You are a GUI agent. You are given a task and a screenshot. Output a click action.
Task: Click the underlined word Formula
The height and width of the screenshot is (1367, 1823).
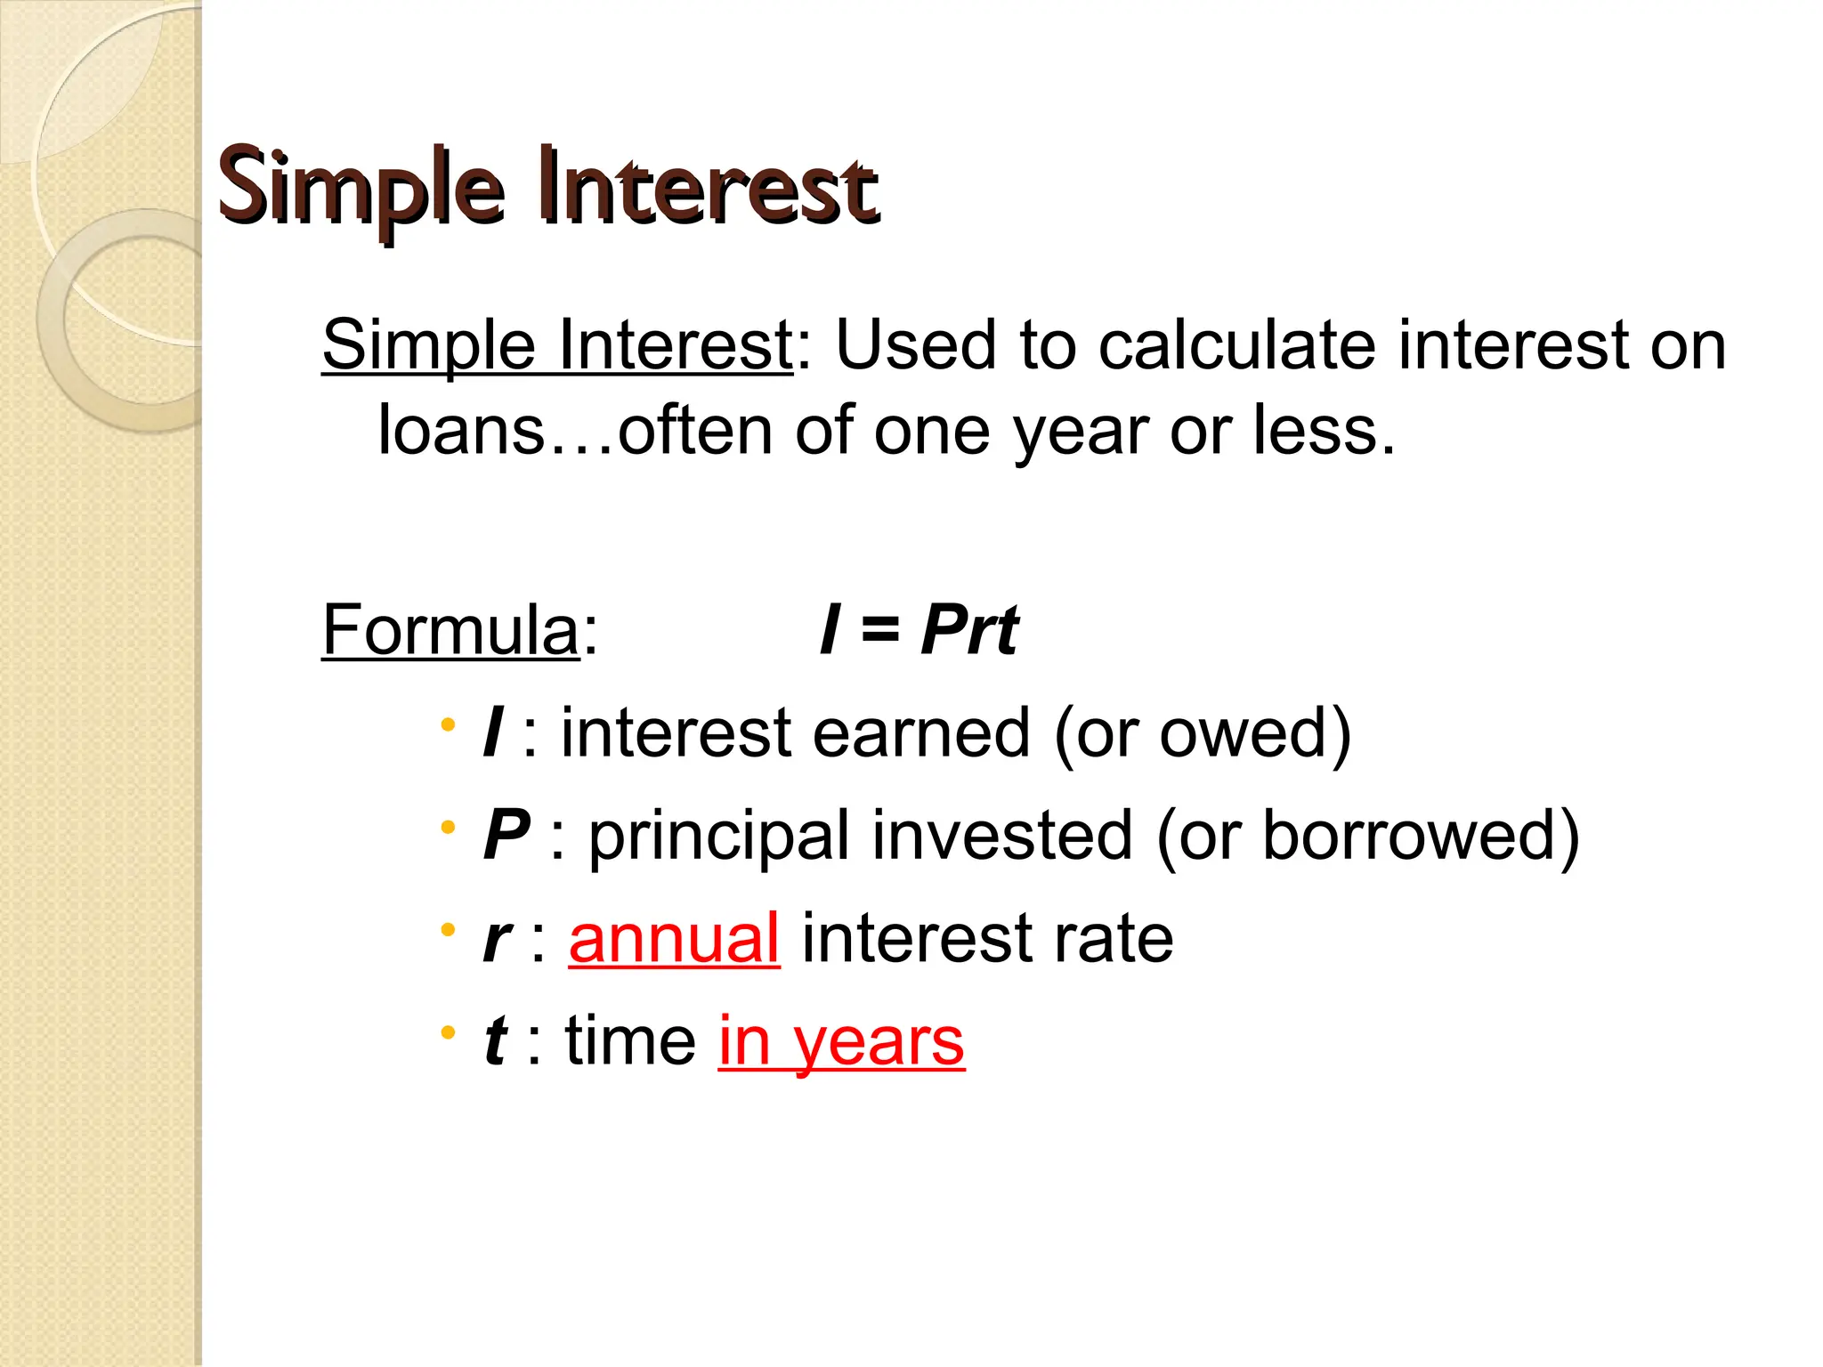pyautogui.click(x=450, y=630)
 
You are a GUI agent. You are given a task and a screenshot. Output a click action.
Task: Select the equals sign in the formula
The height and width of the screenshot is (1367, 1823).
pyautogui.click(x=879, y=630)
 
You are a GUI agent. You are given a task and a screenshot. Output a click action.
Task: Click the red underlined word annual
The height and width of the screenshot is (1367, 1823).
pyautogui.click(x=674, y=939)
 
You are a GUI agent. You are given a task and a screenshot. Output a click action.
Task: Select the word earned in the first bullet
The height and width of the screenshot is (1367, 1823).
pyautogui.click(x=920, y=733)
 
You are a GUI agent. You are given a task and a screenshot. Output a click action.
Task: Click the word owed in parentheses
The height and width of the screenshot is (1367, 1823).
pyautogui.click(x=1243, y=733)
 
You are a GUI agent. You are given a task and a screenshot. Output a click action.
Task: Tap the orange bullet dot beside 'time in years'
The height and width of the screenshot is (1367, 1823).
pyautogui.click(x=448, y=1033)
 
